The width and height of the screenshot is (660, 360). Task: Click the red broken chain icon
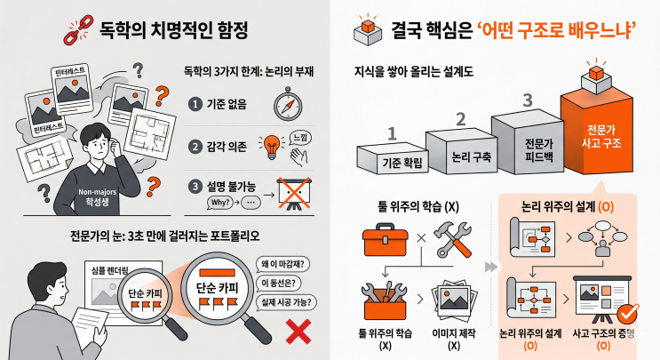pos(78,30)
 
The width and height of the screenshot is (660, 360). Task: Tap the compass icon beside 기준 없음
pos(288,104)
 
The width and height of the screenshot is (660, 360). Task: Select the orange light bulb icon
pos(272,147)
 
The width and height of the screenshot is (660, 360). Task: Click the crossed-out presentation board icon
pos(295,194)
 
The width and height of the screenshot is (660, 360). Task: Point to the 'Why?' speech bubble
pos(220,203)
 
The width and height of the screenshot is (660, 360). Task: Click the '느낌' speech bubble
pos(300,137)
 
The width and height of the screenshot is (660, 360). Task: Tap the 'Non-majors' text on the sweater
pos(97,192)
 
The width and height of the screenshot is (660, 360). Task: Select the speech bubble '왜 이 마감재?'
pos(282,264)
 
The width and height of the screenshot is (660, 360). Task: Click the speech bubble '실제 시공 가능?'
pos(286,302)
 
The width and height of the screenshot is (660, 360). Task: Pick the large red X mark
pos(298,332)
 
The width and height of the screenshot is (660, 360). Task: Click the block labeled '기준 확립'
pos(393,159)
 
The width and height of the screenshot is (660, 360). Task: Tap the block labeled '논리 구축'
pos(462,152)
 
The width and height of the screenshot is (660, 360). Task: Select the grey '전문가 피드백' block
pos(528,144)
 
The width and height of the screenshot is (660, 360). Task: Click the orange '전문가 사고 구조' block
pos(597,135)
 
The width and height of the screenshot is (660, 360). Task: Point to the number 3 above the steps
pos(528,100)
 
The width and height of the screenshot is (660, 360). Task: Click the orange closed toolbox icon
pos(385,239)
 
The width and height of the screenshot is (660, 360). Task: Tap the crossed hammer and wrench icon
pos(452,239)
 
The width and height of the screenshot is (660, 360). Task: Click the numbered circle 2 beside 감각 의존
pos(195,147)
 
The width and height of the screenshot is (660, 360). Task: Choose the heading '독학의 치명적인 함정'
pos(173,30)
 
